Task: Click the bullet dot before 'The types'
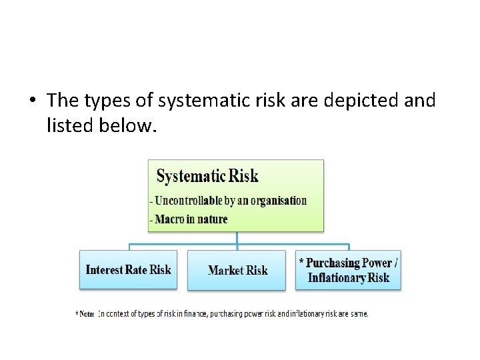pos(31,101)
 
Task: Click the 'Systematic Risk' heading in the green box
pos(207,176)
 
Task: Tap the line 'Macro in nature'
pos(191,219)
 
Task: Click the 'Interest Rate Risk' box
pos(128,269)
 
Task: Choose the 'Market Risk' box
pos(237,270)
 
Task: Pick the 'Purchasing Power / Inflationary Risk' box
pos(348,270)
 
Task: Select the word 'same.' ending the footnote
pos(359,313)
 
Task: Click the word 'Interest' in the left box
pos(105,269)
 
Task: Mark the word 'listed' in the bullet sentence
pos(67,124)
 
